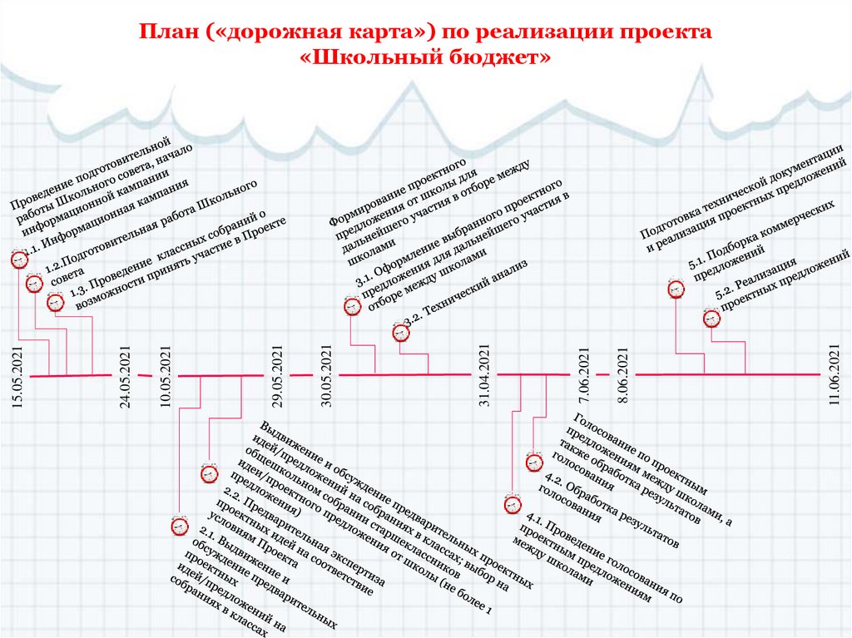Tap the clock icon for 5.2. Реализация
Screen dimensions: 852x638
click(711, 317)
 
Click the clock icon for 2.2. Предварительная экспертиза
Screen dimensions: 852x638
click(208, 472)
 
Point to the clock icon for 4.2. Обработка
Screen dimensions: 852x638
click(533, 462)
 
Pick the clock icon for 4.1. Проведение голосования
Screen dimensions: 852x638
click(513, 503)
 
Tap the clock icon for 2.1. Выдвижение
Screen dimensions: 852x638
click(179, 525)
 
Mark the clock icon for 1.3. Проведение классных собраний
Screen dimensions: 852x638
click(55, 302)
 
